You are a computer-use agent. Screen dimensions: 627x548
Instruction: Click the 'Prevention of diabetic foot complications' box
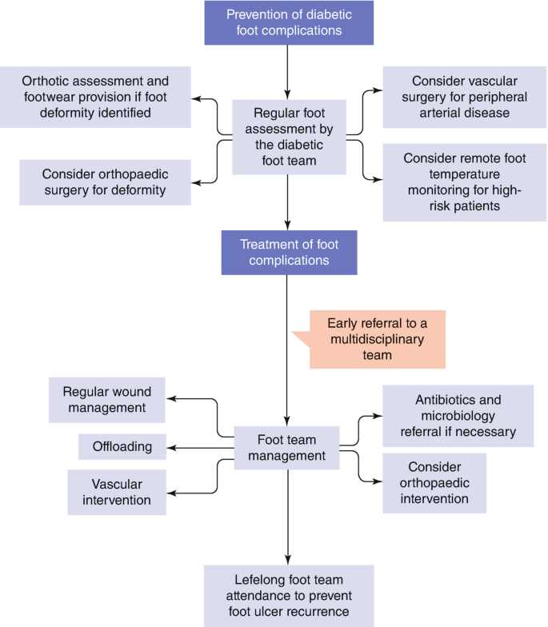[x=289, y=22]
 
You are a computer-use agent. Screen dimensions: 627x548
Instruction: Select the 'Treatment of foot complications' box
[x=289, y=252]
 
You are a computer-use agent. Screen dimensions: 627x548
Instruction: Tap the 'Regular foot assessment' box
[x=289, y=137]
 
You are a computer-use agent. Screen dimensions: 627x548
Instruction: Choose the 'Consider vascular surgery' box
[x=458, y=97]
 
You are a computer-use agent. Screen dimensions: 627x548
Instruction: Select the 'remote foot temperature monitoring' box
[x=458, y=182]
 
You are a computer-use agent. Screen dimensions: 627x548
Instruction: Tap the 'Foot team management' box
[x=287, y=448]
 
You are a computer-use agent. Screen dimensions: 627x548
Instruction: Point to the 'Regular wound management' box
[x=107, y=399]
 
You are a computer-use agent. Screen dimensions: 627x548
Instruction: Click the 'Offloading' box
[x=122, y=446]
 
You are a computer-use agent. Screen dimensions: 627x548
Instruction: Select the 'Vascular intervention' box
[x=117, y=491]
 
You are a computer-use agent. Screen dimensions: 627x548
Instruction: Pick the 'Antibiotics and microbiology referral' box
[x=458, y=415]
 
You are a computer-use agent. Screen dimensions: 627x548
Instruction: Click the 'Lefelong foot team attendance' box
[x=289, y=596]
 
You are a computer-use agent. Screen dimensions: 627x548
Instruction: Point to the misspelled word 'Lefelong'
[x=253, y=581]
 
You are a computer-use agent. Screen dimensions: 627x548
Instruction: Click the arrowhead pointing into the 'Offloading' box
[x=171, y=446]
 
